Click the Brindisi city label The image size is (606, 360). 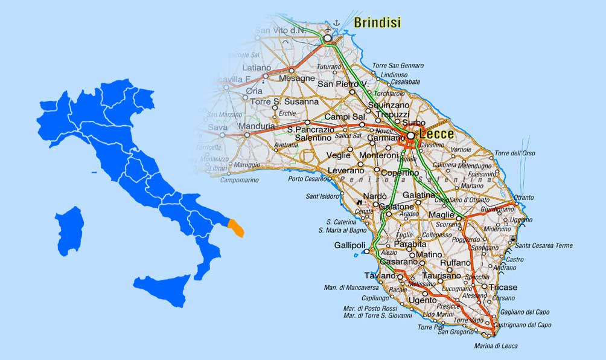(x=377, y=24)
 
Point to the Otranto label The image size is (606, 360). (x=524, y=197)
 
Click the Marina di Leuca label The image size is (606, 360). (x=497, y=346)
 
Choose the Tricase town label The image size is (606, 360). (x=503, y=287)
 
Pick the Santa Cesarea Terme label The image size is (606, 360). (x=544, y=245)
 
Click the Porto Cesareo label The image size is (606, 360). (x=310, y=179)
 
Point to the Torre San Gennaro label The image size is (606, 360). (x=398, y=66)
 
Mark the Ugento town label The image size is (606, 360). (x=422, y=300)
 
